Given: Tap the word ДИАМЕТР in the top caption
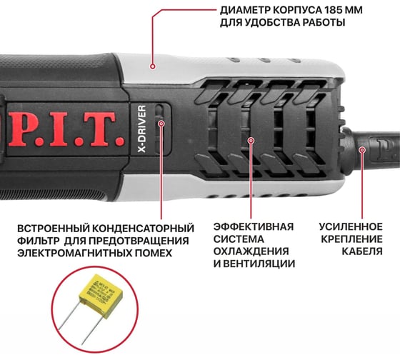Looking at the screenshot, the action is tap(244, 10).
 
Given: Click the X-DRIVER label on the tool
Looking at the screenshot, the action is tap(142, 129).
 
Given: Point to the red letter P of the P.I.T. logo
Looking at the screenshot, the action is tap(24, 129).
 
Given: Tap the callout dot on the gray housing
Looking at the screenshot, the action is tap(153, 66).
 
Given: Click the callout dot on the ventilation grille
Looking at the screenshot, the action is tap(251, 140).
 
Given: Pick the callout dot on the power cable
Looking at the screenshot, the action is tap(362, 149).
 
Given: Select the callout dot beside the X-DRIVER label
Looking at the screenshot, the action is tap(161, 124).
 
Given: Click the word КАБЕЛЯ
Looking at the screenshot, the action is tap(362, 251).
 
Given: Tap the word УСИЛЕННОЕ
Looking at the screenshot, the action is tap(351, 227).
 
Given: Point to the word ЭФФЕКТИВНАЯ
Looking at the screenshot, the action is tap(254, 226).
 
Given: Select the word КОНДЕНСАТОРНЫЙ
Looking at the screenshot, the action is tap(143, 229).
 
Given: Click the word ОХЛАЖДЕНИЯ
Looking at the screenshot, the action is tap(251, 251).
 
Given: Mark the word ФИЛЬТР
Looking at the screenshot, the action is tap(39, 241).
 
